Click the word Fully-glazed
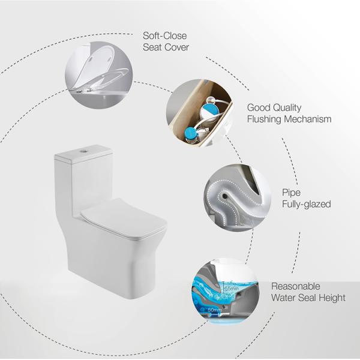click(306, 204)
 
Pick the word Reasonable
click(296, 286)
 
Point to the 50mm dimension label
click(213, 310)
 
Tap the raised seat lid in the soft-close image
click(95, 67)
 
